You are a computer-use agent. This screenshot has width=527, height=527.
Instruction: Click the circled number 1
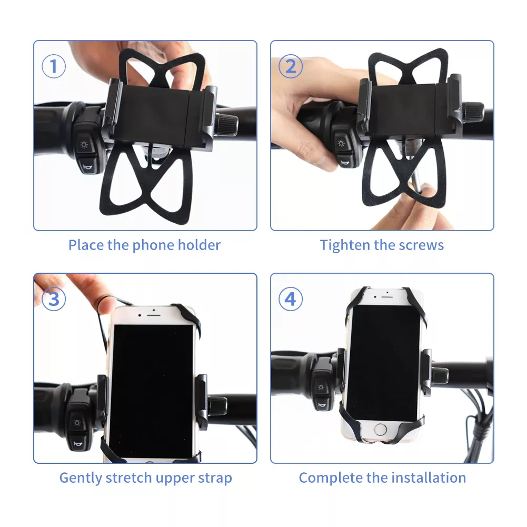[54, 66]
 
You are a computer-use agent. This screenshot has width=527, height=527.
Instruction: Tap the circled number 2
[291, 66]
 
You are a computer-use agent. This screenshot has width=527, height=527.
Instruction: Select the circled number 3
[54, 299]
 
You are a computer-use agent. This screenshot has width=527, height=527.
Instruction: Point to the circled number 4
[291, 299]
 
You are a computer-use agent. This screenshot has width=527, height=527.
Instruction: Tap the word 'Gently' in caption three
[81, 478]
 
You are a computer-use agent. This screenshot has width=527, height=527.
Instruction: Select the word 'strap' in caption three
[215, 479]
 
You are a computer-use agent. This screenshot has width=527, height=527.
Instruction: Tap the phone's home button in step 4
[380, 430]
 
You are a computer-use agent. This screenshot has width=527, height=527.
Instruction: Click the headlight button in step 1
[84, 145]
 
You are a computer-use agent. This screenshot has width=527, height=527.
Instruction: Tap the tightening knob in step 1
[227, 125]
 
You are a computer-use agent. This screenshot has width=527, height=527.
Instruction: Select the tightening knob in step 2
[473, 113]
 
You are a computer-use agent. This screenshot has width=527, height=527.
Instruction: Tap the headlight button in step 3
[77, 423]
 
